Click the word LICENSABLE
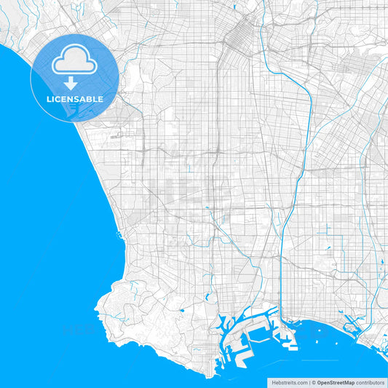(74, 99)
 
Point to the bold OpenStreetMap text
(335, 382)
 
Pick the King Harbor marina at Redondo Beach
(116, 235)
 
